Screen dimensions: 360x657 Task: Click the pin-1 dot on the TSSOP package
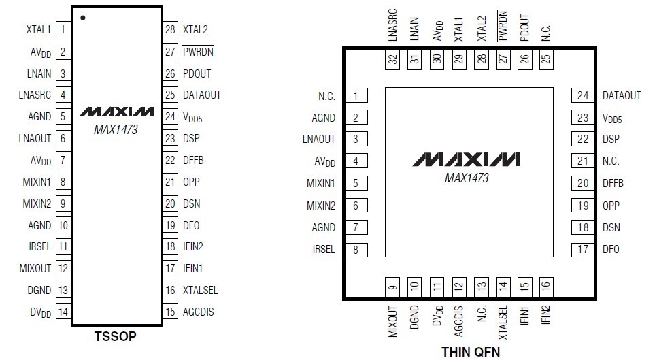coord(82,17)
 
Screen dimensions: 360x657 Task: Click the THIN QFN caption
coord(470,351)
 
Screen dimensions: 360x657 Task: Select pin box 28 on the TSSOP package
coord(170,29)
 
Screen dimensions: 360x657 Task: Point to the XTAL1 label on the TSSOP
coord(38,29)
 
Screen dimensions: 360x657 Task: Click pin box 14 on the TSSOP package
coord(63,312)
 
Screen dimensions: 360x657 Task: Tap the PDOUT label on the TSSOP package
coord(197,73)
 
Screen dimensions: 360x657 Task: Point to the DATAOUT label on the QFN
coord(622,95)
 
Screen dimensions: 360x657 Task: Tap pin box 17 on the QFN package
coord(583,249)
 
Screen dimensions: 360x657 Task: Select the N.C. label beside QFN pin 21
coord(611,161)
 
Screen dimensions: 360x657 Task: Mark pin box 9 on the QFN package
coord(393,287)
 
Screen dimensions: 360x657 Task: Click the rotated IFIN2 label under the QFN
coord(546,317)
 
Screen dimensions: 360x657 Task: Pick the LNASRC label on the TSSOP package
coord(35,95)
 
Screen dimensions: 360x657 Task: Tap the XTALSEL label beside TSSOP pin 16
coord(201,291)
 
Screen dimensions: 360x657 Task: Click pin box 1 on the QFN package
coord(356,95)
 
